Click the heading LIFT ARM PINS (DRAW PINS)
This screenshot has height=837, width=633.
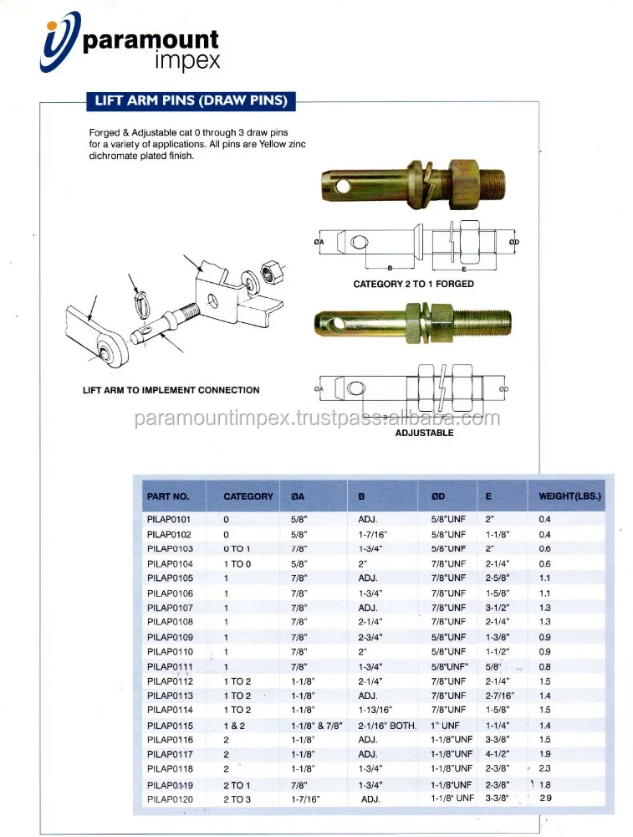tap(191, 101)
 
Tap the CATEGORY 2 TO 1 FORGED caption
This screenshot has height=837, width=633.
tap(413, 284)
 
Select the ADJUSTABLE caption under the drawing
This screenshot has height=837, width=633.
tap(424, 433)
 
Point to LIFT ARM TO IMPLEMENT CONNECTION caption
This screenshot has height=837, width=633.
tap(171, 390)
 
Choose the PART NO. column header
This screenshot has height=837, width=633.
tap(168, 496)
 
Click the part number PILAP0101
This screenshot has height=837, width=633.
tap(170, 519)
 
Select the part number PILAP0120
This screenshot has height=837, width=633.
tap(170, 799)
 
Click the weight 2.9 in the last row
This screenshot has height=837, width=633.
tap(545, 799)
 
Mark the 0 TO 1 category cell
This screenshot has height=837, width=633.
tap(237, 548)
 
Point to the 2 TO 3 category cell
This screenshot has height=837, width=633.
tap(237, 799)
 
